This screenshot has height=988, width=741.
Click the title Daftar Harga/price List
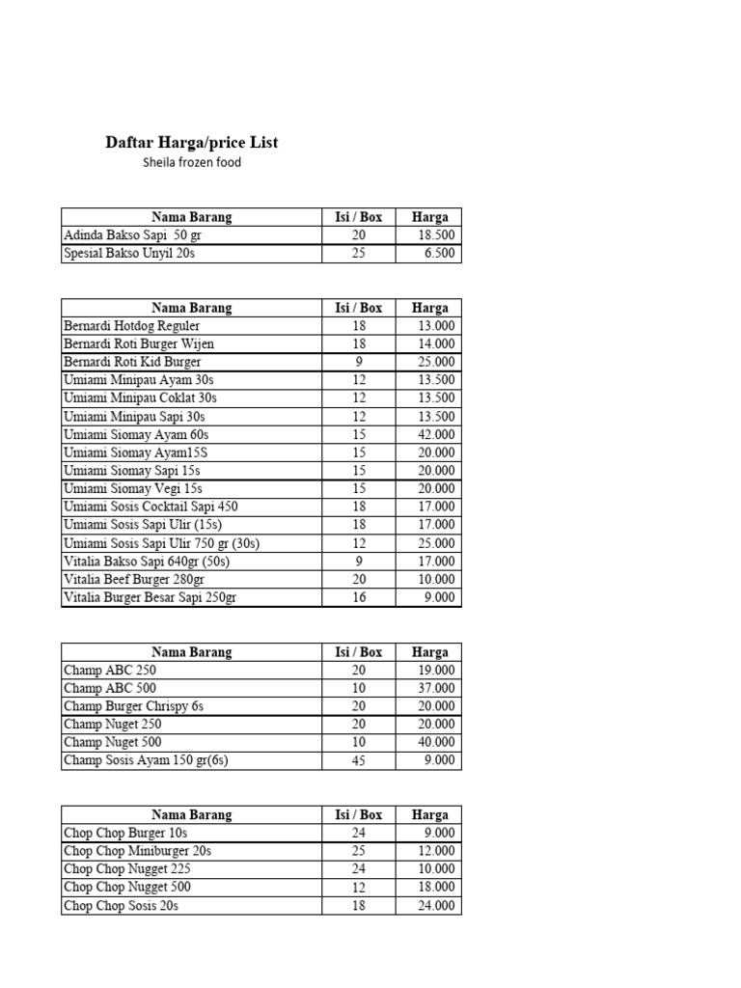pyautogui.click(x=191, y=143)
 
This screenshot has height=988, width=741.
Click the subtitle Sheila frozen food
pyautogui.click(x=191, y=163)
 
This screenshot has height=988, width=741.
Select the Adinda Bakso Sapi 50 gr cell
pyautogui.click(x=133, y=235)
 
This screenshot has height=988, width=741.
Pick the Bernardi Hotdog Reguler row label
pyautogui.click(x=131, y=326)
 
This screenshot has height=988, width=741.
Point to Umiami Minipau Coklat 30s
pyautogui.click(x=140, y=398)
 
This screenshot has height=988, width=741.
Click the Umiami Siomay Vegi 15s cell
pyautogui.click(x=132, y=488)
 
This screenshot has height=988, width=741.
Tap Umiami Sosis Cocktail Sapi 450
pyautogui.click(x=151, y=507)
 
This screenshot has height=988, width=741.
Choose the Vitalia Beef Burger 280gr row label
pyautogui.click(x=134, y=579)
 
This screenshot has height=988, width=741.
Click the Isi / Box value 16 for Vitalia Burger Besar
pyautogui.click(x=359, y=597)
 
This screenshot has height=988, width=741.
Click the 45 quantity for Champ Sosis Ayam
pyautogui.click(x=359, y=760)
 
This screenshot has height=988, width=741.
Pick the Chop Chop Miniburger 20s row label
pyautogui.click(x=137, y=851)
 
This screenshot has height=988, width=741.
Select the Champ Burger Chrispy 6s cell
pyautogui.click(x=133, y=706)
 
